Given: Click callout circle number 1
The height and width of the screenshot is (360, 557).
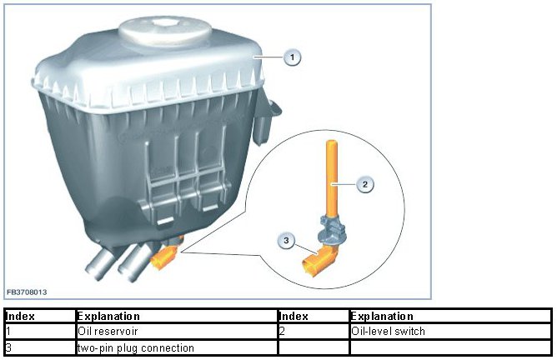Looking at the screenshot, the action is (x=292, y=57).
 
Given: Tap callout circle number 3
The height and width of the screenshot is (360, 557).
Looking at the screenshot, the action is (x=287, y=241).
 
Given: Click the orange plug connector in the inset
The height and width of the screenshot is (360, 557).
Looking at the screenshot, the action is (x=317, y=265).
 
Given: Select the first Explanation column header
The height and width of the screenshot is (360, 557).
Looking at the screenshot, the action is (x=108, y=317).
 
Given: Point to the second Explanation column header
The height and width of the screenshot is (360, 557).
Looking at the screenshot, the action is (x=383, y=317).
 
